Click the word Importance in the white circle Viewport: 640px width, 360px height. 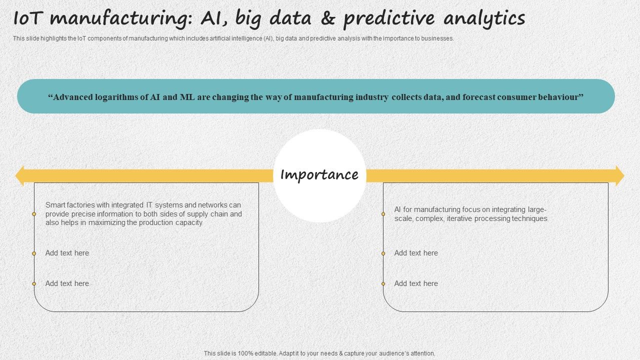pyautogui.click(x=319, y=175)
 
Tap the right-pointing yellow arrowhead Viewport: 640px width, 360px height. pyautogui.click(x=619, y=176)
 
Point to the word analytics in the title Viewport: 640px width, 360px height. pyautogui.click(x=484, y=19)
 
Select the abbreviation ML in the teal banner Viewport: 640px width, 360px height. pyautogui.click(x=183, y=97)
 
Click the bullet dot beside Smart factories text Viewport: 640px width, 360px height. pyautogui.click(x=34, y=214)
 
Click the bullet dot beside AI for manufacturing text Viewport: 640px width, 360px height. pyautogui.click(x=383, y=214)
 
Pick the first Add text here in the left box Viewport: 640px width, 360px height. pyautogui.click(x=67, y=253)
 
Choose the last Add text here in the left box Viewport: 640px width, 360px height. pyautogui.click(x=67, y=283)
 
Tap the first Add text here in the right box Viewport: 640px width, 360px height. pyautogui.click(x=416, y=253)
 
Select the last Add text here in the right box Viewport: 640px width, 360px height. pyautogui.click(x=416, y=283)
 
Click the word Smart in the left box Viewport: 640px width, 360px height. pyautogui.click(x=55, y=205)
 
